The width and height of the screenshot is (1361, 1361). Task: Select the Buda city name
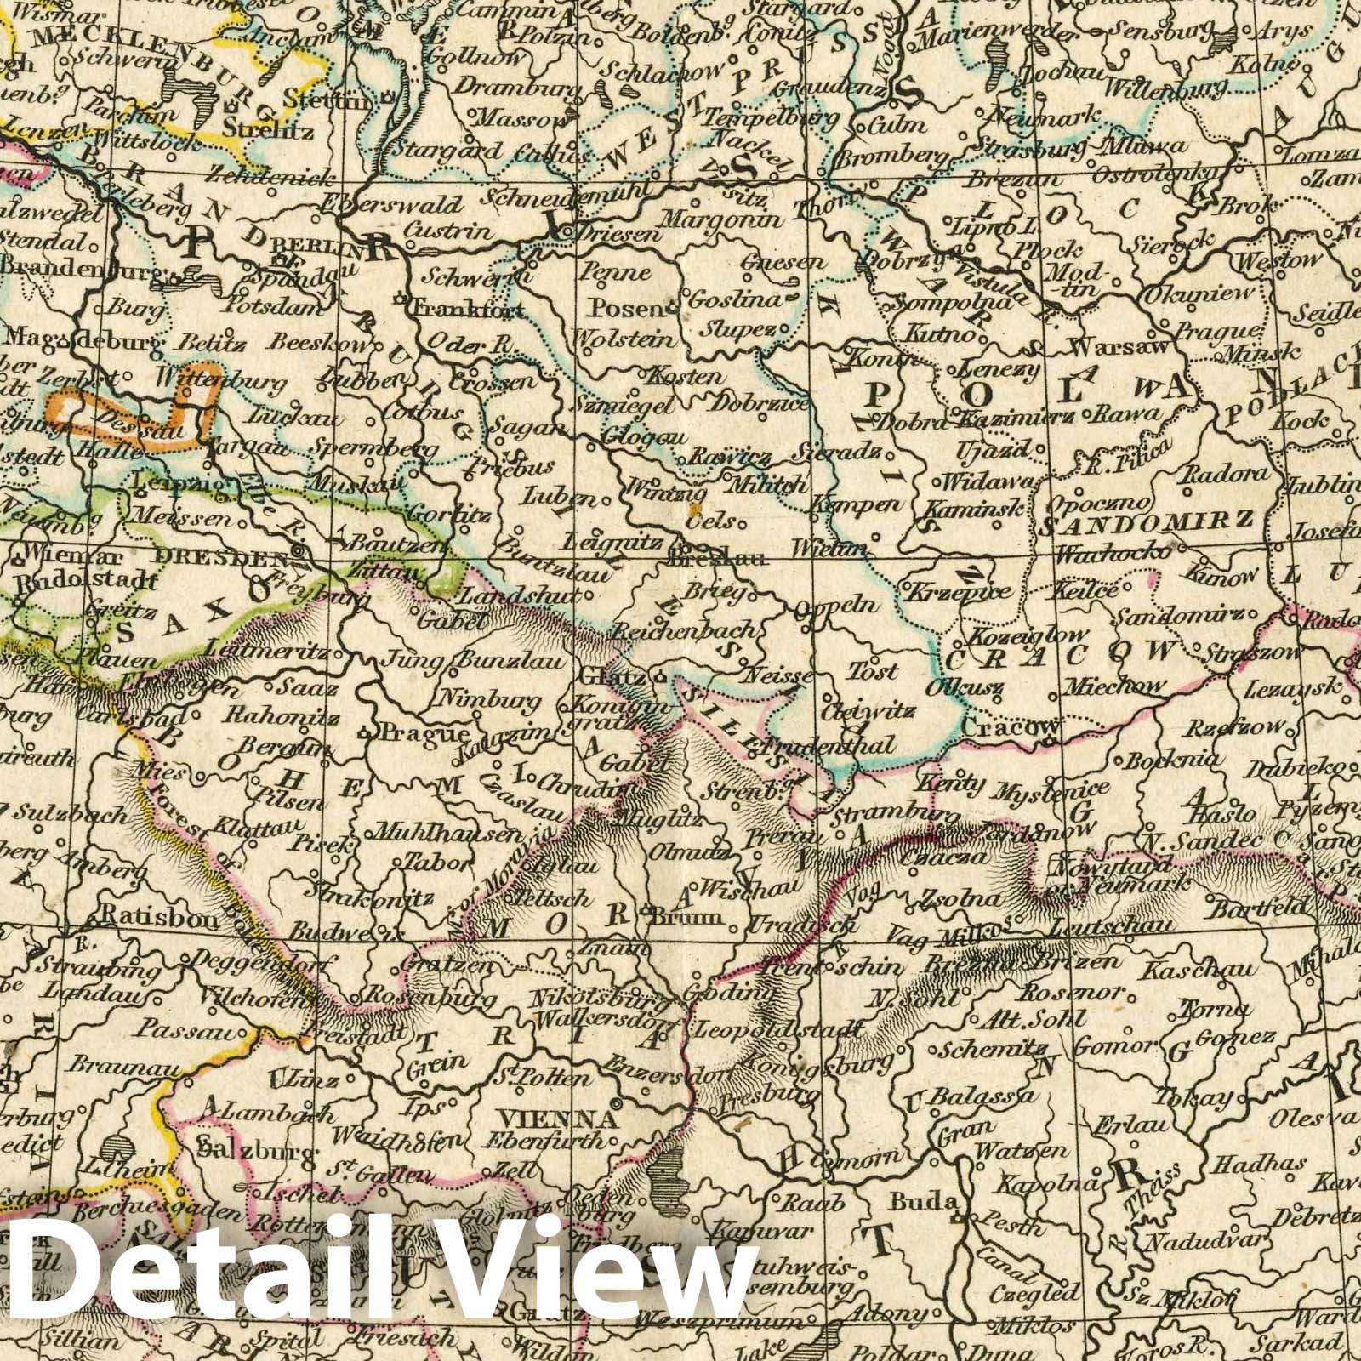(913, 1202)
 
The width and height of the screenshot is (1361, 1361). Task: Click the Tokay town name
(1202, 1098)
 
